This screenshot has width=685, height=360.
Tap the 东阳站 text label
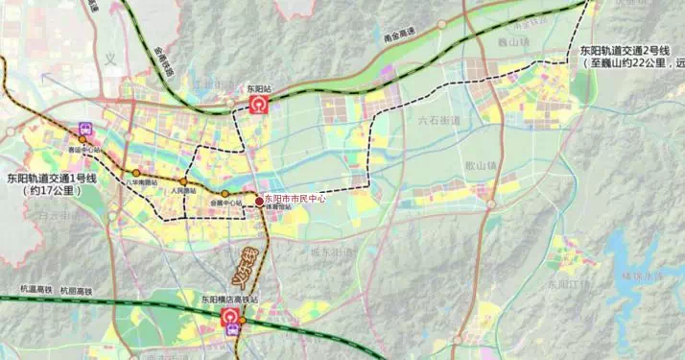point(260,88)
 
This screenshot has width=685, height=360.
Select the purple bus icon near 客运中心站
point(86,128)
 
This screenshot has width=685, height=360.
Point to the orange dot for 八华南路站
point(137,173)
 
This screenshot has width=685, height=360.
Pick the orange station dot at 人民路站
point(182,181)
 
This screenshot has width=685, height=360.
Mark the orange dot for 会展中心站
point(225,194)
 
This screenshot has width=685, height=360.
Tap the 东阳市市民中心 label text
point(295,199)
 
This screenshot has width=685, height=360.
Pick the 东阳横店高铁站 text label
point(231,300)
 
